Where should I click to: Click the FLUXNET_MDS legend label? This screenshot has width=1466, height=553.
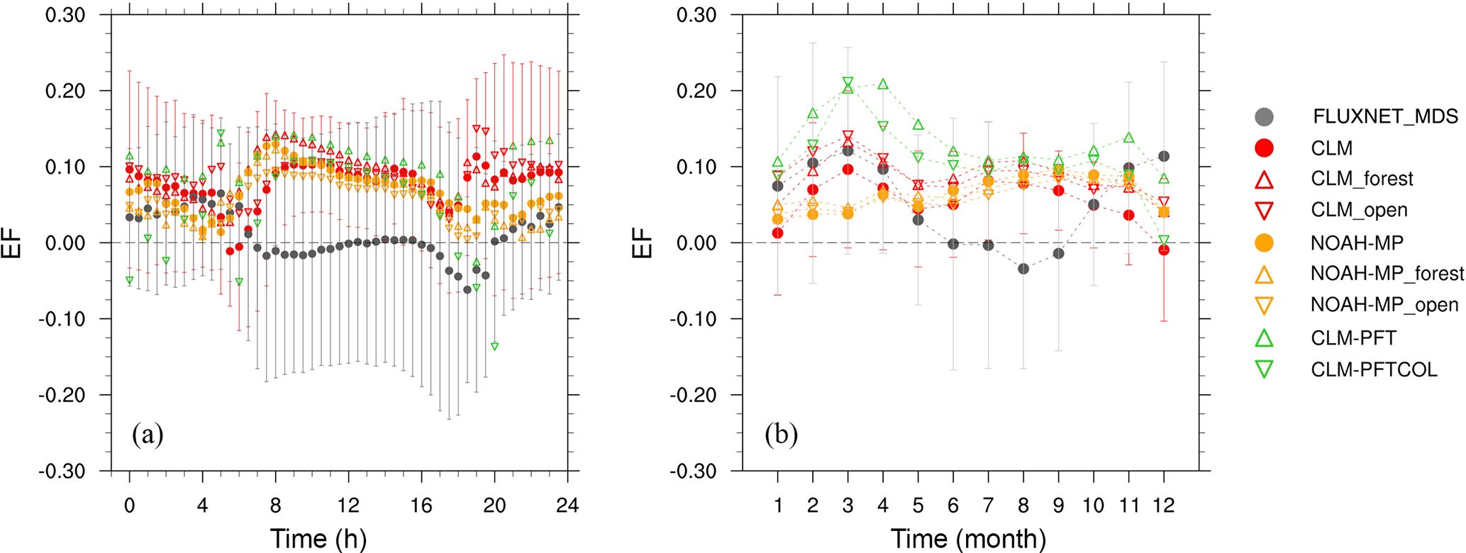(x=1385, y=116)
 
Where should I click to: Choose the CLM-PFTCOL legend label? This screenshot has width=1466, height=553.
(x=1374, y=369)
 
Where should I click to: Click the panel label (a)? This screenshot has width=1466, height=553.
(x=148, y=434)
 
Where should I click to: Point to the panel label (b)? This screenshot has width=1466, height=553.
(x=781, y=434)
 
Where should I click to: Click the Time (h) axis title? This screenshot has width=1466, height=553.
(x=318, y=539)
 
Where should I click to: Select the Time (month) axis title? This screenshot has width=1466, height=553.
(x=968, y=539)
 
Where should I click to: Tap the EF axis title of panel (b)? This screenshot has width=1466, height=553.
(x=643, y=242)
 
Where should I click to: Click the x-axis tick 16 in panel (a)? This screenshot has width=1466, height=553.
(x=422, y=505)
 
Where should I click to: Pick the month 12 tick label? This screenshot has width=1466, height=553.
(x=1163, y=505)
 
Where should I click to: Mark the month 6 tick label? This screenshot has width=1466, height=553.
(x=953, y=505)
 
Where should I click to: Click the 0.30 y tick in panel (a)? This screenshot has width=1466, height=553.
(x=65, y=15)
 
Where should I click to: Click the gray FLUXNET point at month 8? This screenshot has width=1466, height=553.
(x=1023, y=269)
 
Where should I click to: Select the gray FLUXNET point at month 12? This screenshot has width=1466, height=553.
(x=1163, y=156)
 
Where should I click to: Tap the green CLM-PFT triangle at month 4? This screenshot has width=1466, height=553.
(x=883, y=84)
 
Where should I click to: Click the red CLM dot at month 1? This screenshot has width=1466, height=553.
(x=778, y=233)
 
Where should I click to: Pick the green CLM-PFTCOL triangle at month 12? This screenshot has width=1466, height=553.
(x=1163, y=241)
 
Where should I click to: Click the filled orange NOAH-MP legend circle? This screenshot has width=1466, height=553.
(x=1264, y=243)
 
